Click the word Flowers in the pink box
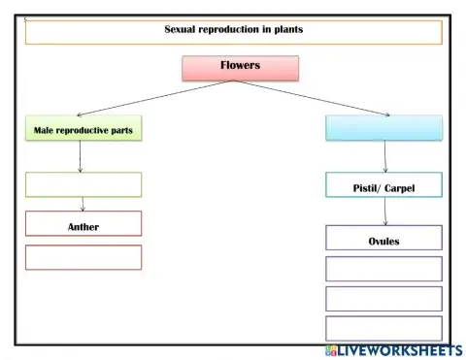click(240, 67)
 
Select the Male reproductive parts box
click(83, 128)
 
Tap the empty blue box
click(383, 128)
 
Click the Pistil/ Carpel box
click(383, 186)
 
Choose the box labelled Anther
click(83, 225)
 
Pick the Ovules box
click(383, 239)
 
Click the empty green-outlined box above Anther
click(83, 184)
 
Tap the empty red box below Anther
click(83, 257)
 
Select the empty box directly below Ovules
click(383, 269)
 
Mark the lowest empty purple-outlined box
click(383, 328)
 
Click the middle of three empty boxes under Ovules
click(383, 298)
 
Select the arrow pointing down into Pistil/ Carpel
click(385, 157)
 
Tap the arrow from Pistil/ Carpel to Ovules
click(385, 212)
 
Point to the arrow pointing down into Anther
click(83, 204)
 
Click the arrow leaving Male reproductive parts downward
click(80, 156)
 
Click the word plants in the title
click(283, 30)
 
